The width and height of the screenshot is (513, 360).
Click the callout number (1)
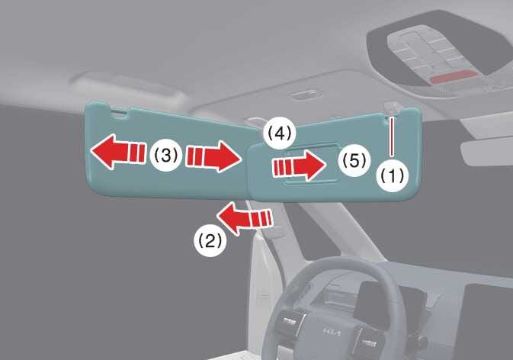tap(393, 175)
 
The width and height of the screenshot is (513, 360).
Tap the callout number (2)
tap(210, 241)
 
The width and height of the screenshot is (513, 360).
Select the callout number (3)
tap(166, 155)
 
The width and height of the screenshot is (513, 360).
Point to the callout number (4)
tap(280, 133)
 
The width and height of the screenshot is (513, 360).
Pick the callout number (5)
tap(354, 161)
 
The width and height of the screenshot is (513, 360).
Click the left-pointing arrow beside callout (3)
tap(118, 152)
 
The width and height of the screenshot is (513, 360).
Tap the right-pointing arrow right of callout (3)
tap(213, 156)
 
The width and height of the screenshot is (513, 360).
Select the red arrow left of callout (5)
tap(299, 166)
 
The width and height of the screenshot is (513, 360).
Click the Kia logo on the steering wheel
tap(332, 332)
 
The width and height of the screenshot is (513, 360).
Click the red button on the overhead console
tap(453, 77)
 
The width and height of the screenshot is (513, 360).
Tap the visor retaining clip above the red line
tap(392, 109)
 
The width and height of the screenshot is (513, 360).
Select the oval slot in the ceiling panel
tap(305, 95)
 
